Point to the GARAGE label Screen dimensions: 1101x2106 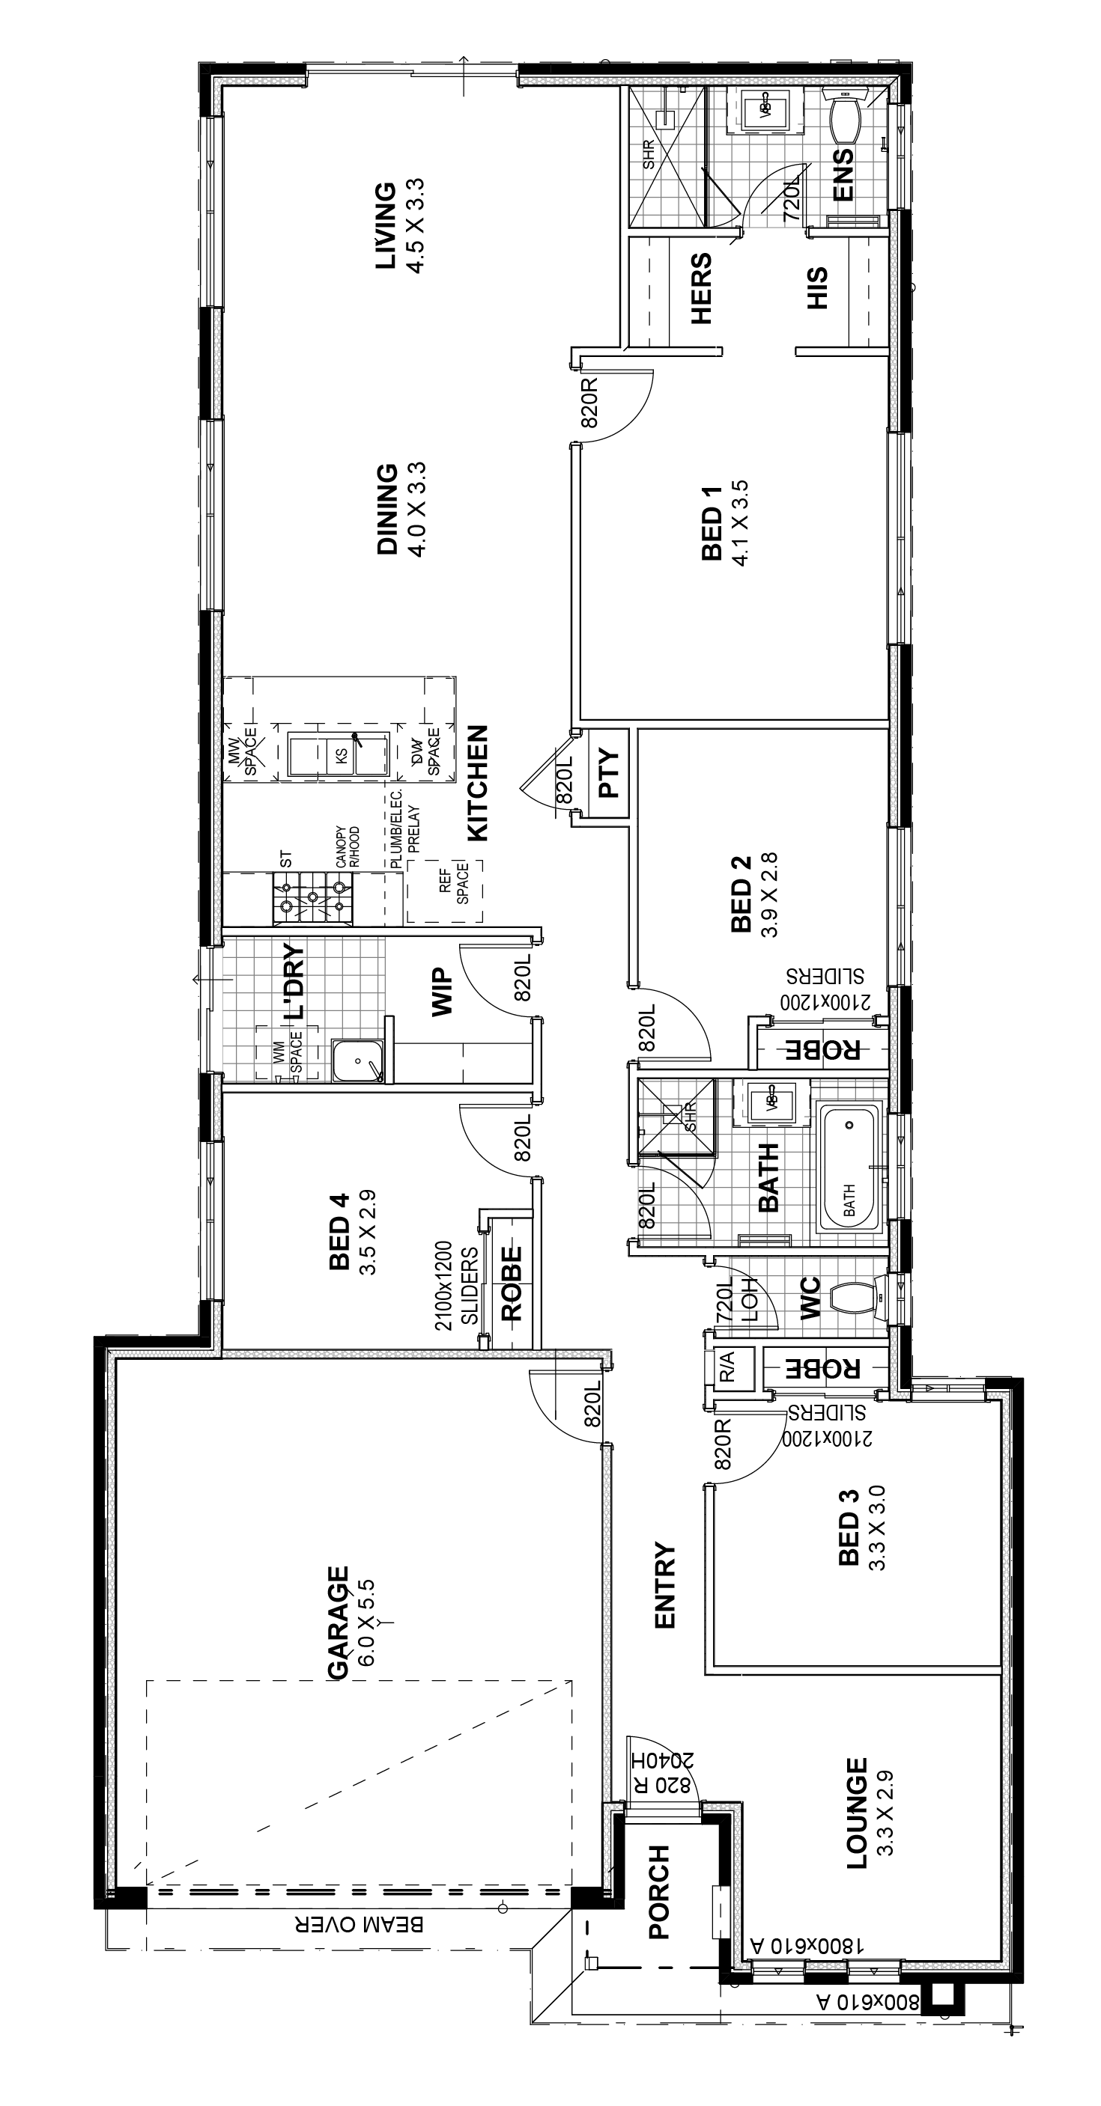pos(338,1623)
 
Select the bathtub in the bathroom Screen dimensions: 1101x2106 pos(850,1167)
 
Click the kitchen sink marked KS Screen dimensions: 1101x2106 pos(339,755)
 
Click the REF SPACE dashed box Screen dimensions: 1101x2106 pos(445,892)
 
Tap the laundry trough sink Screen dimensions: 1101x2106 pos(358,1061)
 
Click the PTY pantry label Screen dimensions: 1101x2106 pos(610,773)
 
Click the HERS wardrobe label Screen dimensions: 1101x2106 pos(701,289)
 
